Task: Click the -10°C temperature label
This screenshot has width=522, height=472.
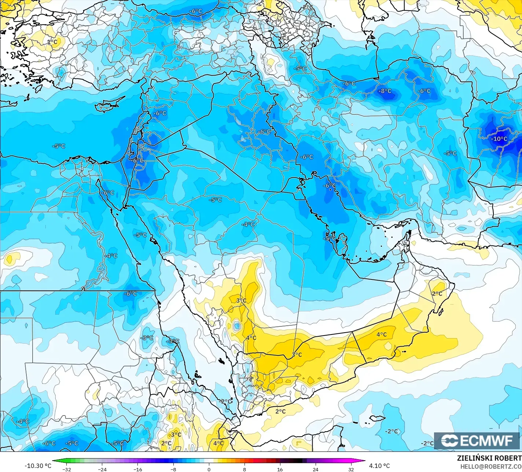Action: [499, 139]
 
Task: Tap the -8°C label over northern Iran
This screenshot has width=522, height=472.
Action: [385, 91]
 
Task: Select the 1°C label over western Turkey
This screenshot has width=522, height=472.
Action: [52, 42]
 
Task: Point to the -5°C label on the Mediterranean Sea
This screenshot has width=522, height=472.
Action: [59, 146]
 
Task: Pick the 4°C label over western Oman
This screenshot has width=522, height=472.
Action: [381, 334]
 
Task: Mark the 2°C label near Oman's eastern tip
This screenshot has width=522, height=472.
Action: [437, 294]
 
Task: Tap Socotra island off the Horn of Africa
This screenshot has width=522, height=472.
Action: [377, 418]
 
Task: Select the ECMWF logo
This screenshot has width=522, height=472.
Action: [477, 441]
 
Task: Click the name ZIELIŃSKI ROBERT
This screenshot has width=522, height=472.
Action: [489, 458]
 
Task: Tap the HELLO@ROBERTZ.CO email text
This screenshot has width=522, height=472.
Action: [491, 466]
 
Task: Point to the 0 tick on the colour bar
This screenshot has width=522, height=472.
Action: [209, 469]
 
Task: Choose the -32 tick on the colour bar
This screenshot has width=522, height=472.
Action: [66, 469]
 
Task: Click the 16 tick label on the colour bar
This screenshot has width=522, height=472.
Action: [280, 469]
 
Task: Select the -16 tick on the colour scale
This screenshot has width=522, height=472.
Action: [137, 469]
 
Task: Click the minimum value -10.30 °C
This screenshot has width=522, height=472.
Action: [38, 466]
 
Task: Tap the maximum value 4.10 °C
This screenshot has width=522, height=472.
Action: [379, 466]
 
